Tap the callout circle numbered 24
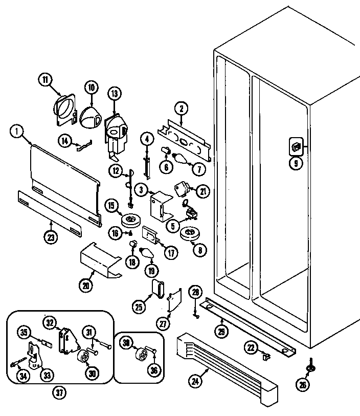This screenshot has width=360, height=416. click(x=196, y=380)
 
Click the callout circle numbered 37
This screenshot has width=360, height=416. click(x=60, y=393)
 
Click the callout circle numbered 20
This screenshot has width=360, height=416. click(x=86, y=286)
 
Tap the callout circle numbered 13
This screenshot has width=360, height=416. click(x=114, y=94)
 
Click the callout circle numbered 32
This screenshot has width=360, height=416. click(x=50, y=323)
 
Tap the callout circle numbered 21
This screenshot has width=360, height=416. click(x=204, y=192)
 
